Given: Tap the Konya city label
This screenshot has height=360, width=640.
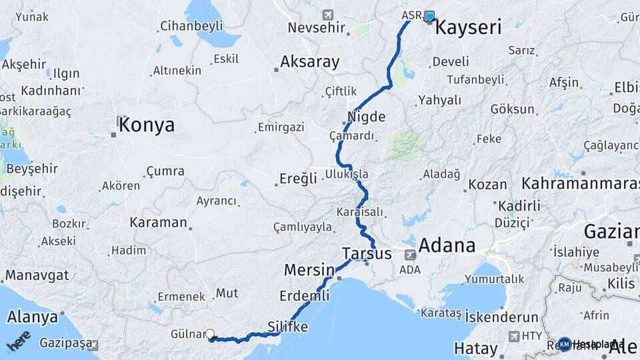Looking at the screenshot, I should pos(147,125).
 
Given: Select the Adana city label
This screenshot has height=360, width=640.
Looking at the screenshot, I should pos(447,245).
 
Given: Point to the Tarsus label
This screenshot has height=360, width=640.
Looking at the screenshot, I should pos(366,253).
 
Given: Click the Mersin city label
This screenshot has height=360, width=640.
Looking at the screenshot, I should pos(309,270).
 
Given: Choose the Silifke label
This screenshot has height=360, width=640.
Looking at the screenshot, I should pos(287,327).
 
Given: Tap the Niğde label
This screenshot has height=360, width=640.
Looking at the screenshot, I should pos(366,117).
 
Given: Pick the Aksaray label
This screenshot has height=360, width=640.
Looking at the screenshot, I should pos(310,62).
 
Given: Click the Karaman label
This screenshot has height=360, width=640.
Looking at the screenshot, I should pos(158,223).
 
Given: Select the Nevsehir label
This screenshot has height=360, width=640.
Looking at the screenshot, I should pos(317,28).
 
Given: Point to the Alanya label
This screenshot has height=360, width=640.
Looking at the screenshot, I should pos(31,317).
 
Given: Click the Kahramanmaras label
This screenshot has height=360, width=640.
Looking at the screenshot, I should pos(580,183).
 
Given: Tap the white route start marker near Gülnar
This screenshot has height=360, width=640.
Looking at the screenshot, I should pos(210,334).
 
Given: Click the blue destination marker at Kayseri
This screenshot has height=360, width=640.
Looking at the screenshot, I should pos(429,16).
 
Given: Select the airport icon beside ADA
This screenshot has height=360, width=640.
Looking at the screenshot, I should pos(410,255).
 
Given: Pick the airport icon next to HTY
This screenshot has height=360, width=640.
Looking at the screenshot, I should pos(514,337).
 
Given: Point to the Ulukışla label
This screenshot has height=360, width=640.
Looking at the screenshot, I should pos(347,174).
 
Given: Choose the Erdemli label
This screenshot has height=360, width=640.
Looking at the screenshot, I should pos(305,295).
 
